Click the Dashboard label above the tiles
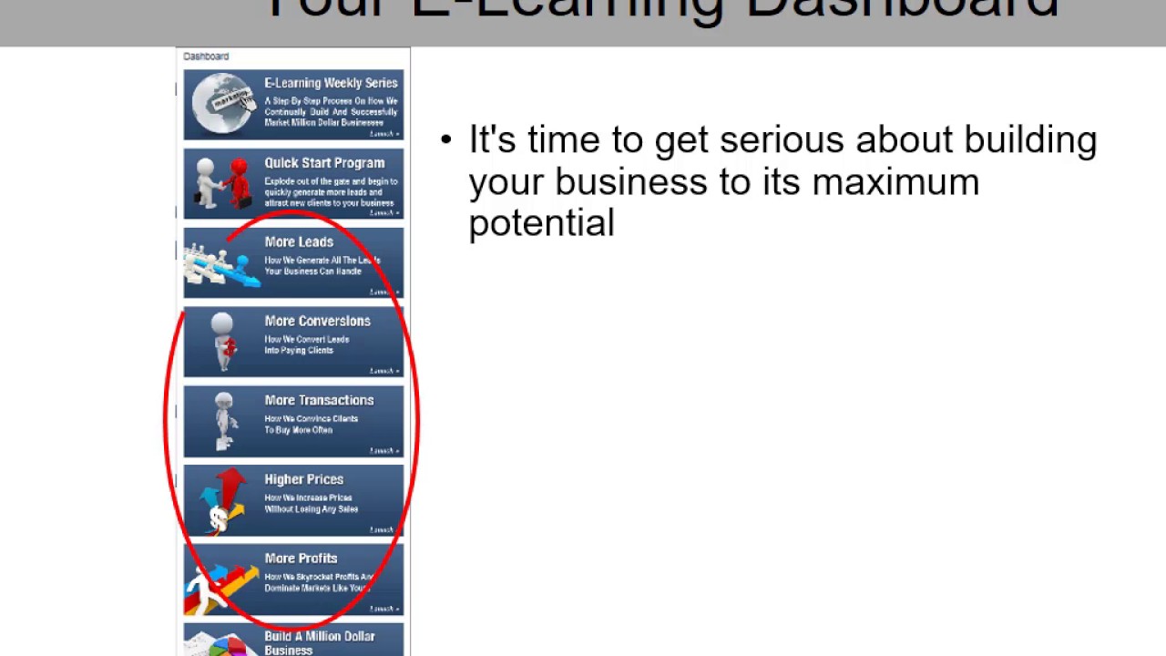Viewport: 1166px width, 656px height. [x=206, y=56]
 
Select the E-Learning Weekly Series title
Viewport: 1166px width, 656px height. [x=331, y=83]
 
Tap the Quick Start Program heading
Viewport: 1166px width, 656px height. [x=324, y=163]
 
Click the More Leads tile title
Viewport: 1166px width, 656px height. [x=299, y=242]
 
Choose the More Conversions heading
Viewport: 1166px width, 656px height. [x=317, y=322]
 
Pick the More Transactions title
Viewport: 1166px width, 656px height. [x=319, y=401]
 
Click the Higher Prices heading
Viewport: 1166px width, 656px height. [x=303, y=480]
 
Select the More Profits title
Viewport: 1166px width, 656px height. [x=301, y=559]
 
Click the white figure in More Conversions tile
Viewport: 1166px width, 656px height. [x=222, y=341]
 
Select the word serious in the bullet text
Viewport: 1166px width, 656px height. [x=782, y=140]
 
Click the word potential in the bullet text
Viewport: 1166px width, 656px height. [x=541, y=223]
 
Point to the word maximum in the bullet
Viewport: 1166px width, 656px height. [x=895, y=182]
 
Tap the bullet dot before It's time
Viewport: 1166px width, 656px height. [x=445, y=140]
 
